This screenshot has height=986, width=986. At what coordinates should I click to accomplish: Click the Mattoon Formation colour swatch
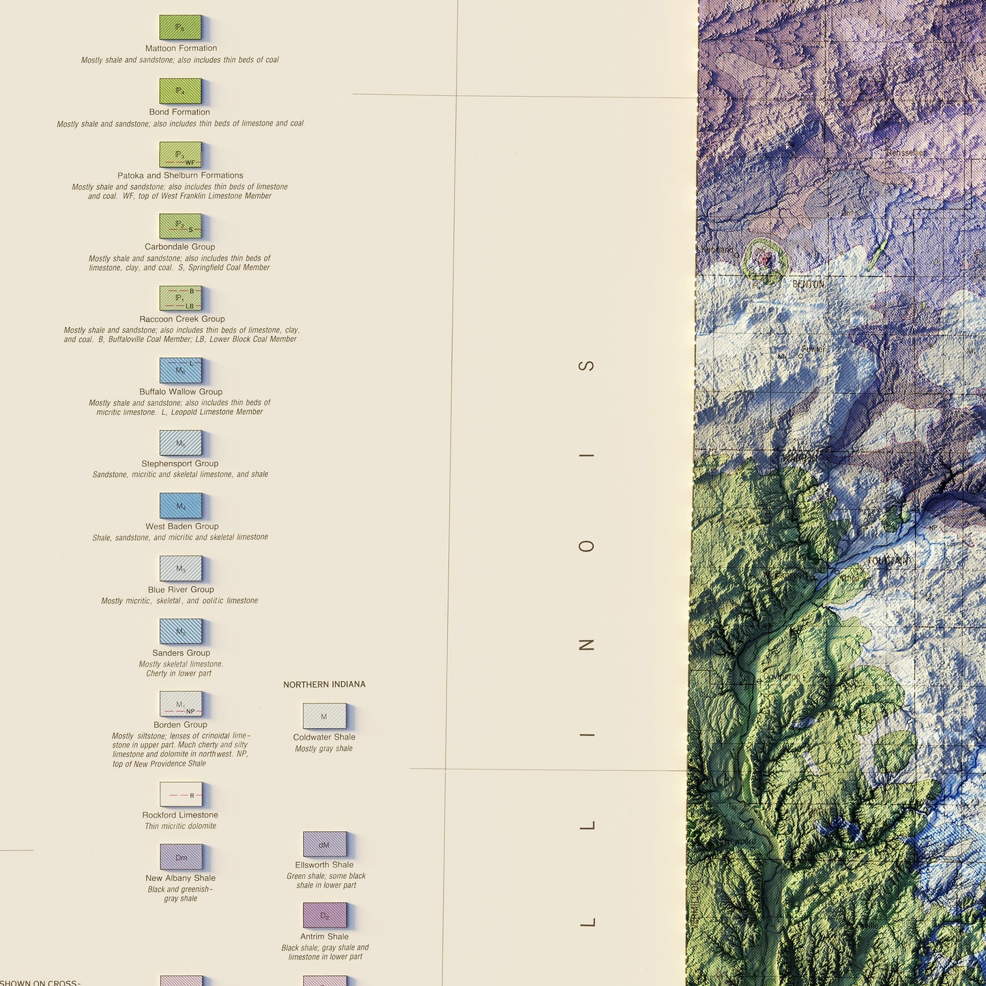pos(180,27)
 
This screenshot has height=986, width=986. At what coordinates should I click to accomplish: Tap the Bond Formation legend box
pos(180,91)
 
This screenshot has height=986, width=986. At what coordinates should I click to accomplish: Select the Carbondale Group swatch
pos(180,226)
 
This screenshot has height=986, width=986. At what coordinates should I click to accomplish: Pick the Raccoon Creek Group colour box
pos(180,298)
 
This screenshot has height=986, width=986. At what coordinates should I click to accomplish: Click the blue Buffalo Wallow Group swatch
pos(180,371)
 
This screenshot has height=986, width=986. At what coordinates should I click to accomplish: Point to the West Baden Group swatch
pos(180,506)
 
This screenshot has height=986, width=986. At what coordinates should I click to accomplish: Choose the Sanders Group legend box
pos(180,631)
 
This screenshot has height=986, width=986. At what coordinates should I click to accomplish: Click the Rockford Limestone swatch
pos(180,794)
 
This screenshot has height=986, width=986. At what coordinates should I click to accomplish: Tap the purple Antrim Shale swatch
pos(324,916)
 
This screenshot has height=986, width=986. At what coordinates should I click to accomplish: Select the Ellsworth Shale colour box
pos(324,845)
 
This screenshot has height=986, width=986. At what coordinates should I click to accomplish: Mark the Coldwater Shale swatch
pos(324,716)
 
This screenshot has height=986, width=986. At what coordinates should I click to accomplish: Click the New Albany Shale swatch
pos(181,858)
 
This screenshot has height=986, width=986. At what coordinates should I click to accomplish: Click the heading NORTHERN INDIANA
pos(324,684)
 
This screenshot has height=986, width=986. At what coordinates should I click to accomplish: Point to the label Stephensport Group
pos(179,463)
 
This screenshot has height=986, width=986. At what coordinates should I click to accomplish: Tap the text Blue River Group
pos(181,590)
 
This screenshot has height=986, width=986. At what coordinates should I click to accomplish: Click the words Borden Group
pos(180,725)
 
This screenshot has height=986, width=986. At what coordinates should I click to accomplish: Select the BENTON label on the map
pos(808,284)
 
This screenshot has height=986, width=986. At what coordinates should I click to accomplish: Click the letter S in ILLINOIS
pos(586,365)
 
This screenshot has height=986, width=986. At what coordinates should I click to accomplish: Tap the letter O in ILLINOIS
pos(586,546)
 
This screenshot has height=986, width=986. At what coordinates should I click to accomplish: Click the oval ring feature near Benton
pos(765,260)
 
